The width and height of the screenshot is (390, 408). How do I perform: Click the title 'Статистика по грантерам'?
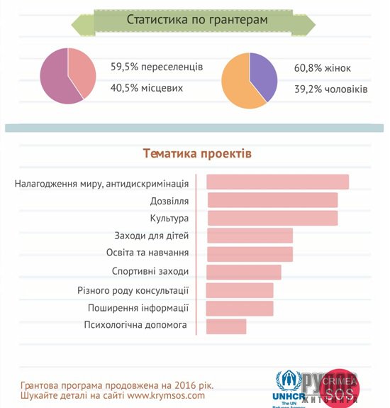pos(196,19)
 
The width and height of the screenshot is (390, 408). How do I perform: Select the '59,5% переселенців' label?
pos(157,67)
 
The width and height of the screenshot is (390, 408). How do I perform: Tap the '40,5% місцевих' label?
pos(147,88)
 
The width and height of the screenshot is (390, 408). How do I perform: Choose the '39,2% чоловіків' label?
pos(331,90)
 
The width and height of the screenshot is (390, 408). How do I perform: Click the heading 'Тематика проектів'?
pos(196,153)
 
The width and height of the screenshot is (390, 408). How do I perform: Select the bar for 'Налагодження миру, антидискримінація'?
pos(277,182)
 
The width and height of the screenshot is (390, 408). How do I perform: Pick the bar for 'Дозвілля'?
pos(272,200)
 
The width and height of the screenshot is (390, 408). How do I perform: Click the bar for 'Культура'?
pos(272,218)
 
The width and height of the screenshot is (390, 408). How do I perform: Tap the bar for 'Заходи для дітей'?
pos(250,236)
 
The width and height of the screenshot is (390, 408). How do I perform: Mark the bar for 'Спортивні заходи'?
pos(244,272)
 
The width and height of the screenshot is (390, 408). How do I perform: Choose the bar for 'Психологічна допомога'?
pos(226,326)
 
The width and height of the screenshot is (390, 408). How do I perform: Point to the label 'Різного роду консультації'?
pos(133,290)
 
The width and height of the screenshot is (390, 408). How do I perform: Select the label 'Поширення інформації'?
pos(138,308)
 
